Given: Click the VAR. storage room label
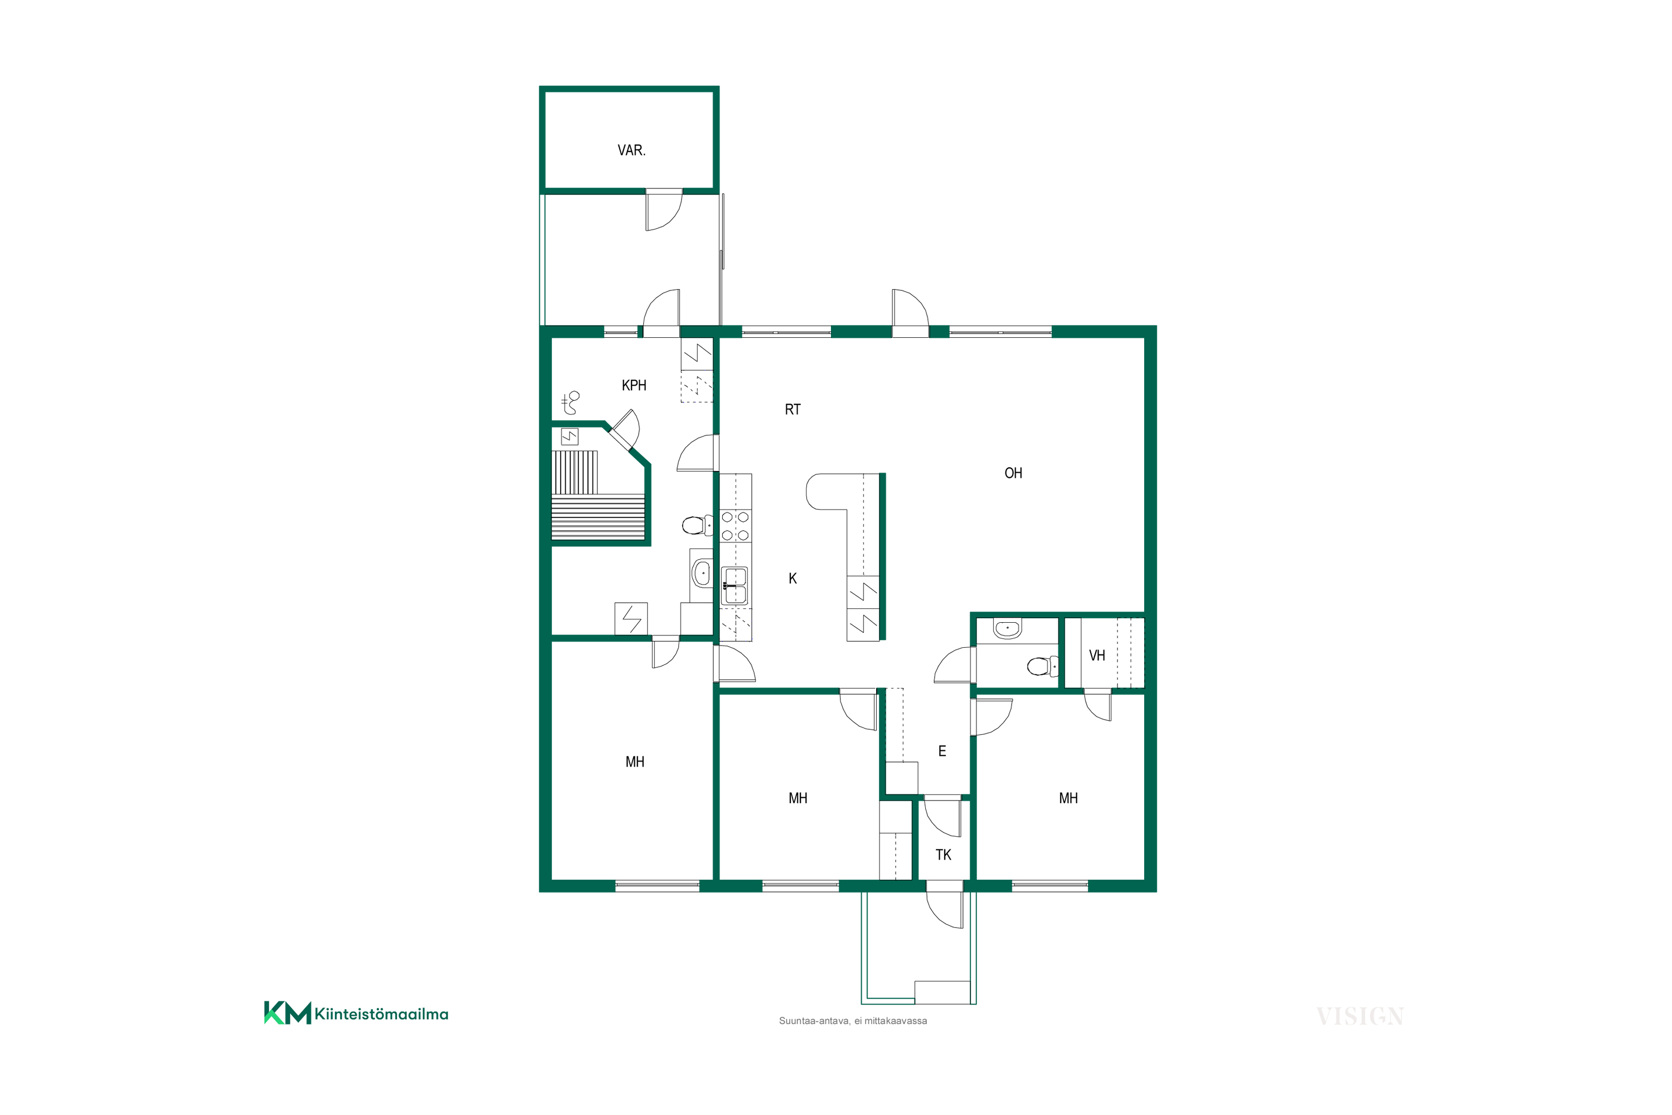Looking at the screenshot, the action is [x=631, y=150].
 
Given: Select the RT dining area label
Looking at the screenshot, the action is [x=793, y=410].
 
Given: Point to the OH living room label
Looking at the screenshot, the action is [x=1013, y=473].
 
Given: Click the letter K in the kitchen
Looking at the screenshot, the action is [x=793, y=579].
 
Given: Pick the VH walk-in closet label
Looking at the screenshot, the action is [x=1097, y=656].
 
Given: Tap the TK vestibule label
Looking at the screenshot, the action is [x=944, y=855].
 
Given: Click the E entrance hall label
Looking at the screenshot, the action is [x=942, y=751].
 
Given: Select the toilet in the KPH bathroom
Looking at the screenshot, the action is [x=697, y=526].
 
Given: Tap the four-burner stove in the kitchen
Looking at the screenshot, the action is [x=735, y=526].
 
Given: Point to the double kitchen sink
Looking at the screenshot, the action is [x=735, y=586].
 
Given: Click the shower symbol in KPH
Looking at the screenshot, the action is [x=570, y=403].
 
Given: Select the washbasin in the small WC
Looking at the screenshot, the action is [x=1007, y=629].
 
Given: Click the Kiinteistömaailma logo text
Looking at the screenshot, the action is [x=381, y=1014].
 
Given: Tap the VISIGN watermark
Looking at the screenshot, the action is [x=1360, y=1017].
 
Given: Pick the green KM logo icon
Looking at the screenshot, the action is [x=287, y=1012].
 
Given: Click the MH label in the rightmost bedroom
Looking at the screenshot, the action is [x=1068, y=798].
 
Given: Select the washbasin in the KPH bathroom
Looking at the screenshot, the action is [x=702, y=573].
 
